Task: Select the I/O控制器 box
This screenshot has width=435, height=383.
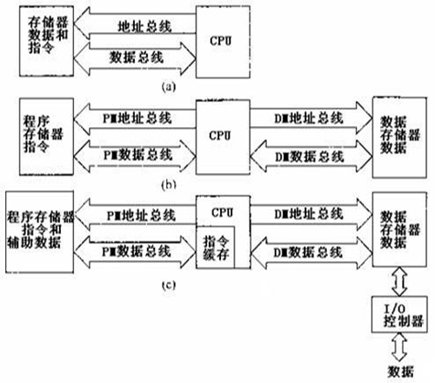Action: (x=397, y=312)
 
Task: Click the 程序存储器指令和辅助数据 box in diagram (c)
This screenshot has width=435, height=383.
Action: (x=38, y=231)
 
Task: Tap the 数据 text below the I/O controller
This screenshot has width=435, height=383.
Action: (x=397, y=371)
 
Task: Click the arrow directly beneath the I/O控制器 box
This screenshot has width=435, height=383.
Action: (x=397, y=346)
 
